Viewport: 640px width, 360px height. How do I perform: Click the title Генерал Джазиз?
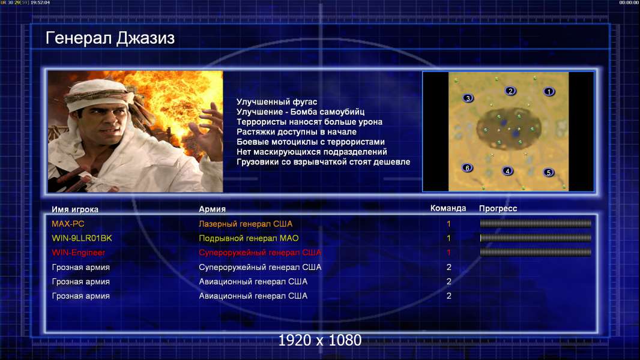pyautogui.click(x=110, y=38)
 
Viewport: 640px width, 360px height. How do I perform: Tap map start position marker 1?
pyautogui.click(x=549, y=92)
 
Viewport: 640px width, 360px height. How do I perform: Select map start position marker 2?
pyautogui.click(x=510, y=91)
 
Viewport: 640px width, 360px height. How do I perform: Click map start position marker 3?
pyautogui.click(x=468, y=98)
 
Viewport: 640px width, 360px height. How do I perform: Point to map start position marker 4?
pyautogui.click(x=507, y=171)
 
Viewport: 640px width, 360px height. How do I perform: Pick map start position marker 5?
pyautogui.click(x=549, y=172)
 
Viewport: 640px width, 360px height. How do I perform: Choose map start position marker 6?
pyautogui.click(x=467, y=167)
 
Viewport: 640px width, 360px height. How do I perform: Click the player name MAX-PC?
pyautogui.click(x=68, y=224)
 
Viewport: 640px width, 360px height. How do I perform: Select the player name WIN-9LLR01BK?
pyautogui.click(x=82, y=238)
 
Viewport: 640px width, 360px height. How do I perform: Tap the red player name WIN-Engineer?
pyautogui.click(x=79, y=253)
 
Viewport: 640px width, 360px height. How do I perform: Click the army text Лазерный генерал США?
pyautogui.click(x=246, y=224)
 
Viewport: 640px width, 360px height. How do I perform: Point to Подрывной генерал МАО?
pyautogui.click(x=249, y=238)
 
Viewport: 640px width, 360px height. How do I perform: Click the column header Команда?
pyautogui.click(x=448, y=208)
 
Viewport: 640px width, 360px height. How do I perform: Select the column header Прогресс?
pyautogui.click(x=498, y=209)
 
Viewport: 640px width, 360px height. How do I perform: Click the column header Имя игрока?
pyautogui.click(x=74, y=209)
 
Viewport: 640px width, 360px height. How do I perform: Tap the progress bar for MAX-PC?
pyautogui.click(x=536, y=223)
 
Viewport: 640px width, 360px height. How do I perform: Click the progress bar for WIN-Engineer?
pyautogui.click(x=536, y=253)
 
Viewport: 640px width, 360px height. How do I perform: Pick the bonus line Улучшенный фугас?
pyautogui.click(x=277, y=102)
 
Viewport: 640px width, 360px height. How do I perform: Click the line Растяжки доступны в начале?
pyautogui.click(x=297, y=131)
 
